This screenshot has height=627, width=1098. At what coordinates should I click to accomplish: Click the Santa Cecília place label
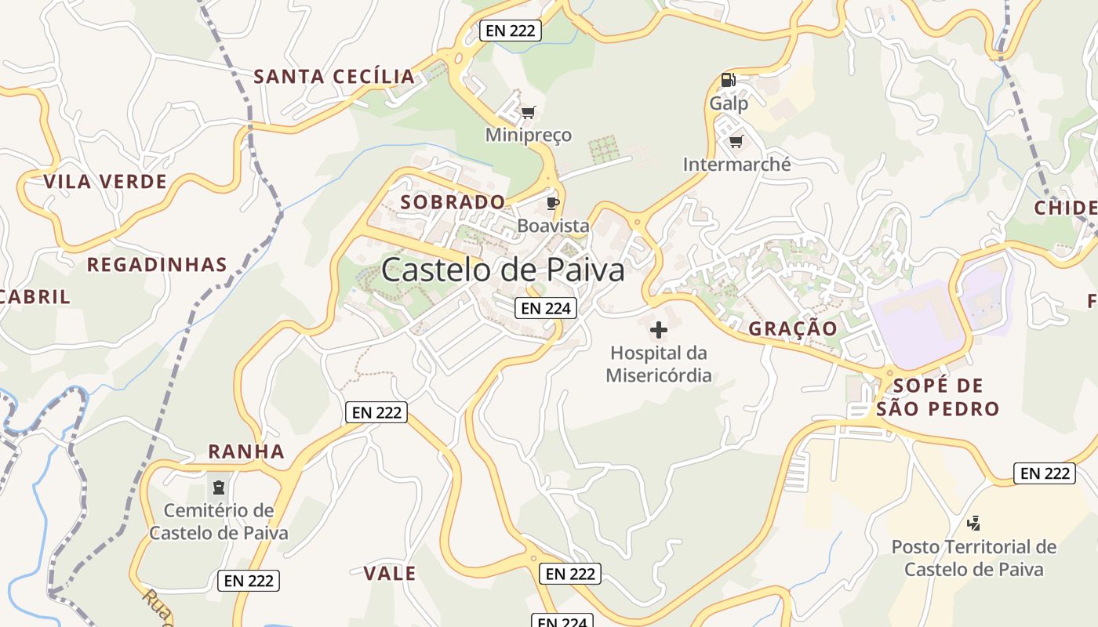pyautogui.click(x=334, y=77)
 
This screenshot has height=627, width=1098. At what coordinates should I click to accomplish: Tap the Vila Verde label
pyautogui.click(x=105, y=183)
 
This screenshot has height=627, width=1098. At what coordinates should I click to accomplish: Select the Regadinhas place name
pyautogui.click(x=157, y=265)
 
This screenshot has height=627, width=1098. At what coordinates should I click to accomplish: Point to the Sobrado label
pyautogui.click(x=453, y=202)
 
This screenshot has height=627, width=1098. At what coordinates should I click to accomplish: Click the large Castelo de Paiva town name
pyautogui.click(x=503, y=270)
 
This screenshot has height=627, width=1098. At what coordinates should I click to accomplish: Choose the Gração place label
pyautogui.click(x=793, y=328)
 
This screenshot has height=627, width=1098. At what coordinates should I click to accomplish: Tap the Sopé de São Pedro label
pyautogui.click(x=938, y=397)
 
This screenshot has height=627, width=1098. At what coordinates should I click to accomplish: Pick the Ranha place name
pyautogui.click(x=246, y=451)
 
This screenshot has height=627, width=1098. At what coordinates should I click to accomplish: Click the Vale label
pyautogui.click(x=390, y=574)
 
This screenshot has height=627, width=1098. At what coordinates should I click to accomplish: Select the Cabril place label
pyautogui.click(x=35, y=297)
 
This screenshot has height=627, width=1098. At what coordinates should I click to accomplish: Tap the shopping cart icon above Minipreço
pyautogui.click(x=529, y=113)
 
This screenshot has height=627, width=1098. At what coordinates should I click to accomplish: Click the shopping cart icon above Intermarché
pyautogui.click(x=736, y=142)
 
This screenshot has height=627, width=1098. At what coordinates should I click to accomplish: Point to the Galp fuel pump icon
pyautogui.click(x=728, y=80)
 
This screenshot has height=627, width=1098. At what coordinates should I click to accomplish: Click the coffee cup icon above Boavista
pyautogui.click(x=553, y=204)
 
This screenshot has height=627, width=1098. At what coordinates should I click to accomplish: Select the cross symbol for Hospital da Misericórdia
pyautogui.click(x=659, y=330)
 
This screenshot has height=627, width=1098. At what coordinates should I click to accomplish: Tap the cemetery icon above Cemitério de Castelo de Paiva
pyautogui.click(x=219, y=487)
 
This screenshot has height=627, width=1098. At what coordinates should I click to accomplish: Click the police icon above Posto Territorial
pyautogui.click(x=974, y=523)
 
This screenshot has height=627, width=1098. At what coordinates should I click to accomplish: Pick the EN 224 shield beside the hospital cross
pyautogui.click(x=546, y=308)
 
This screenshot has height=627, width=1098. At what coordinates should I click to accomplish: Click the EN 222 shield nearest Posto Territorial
pyautogui.click(x=1044, y=473)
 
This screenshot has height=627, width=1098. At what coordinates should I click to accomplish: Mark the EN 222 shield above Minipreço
pyautogui.click(x=511, y=31)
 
